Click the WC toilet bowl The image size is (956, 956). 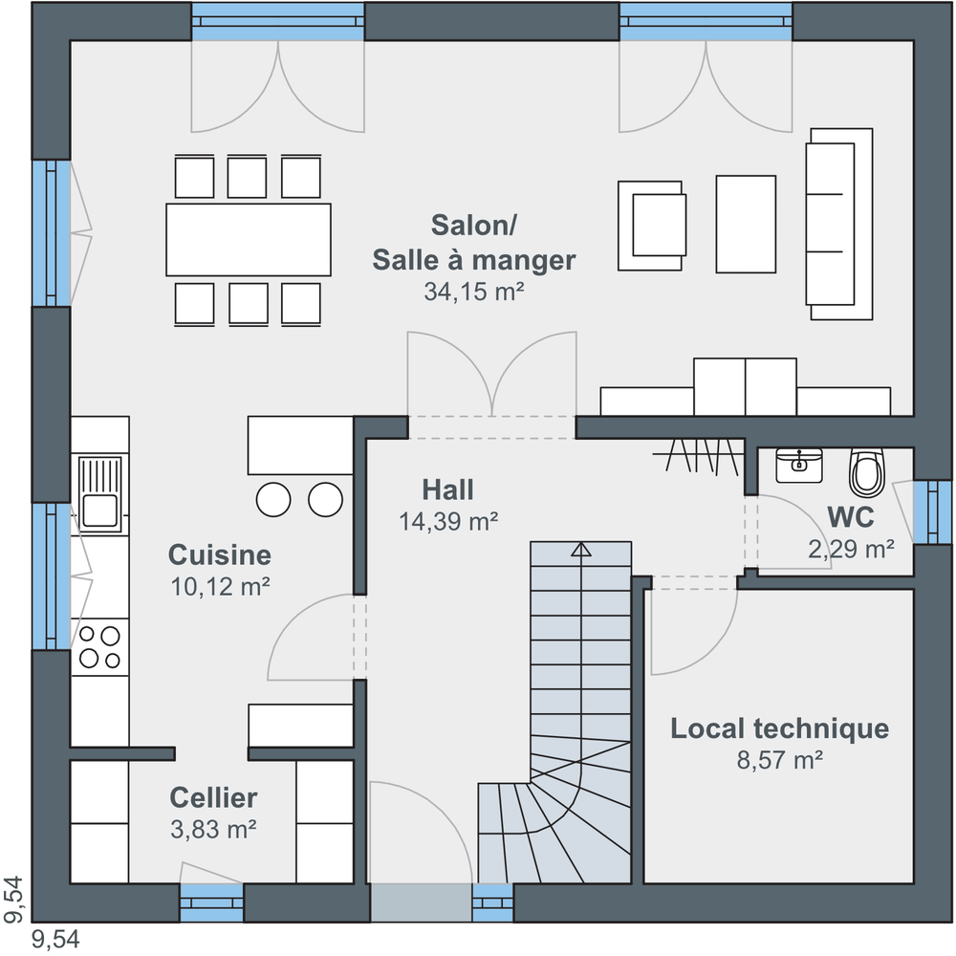click(866, 472)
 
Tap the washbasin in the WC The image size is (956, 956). click(799, 466)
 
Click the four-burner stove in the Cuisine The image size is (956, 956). click(100, 647)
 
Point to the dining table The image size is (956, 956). click(249, 240)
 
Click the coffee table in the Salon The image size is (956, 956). click(746, 224)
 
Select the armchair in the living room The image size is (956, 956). click(652, 226)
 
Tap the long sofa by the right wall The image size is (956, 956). click(839, 224)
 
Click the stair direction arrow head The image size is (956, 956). click(581, 550)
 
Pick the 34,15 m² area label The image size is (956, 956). click(474, 292)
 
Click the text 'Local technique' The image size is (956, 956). click(780, 728)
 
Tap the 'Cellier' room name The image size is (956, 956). click(213, 797)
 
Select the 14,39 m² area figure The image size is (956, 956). click(448, 521)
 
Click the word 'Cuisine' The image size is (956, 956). click(220, 554)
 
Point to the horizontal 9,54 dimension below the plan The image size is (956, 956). click(55, 940)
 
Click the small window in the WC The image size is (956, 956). click(932, 511)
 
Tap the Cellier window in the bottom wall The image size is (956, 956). click(211, 902)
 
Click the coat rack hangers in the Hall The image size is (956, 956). click(700, 455)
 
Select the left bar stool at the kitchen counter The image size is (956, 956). click(273, 500)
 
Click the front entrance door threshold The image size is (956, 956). click(421, 902)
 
